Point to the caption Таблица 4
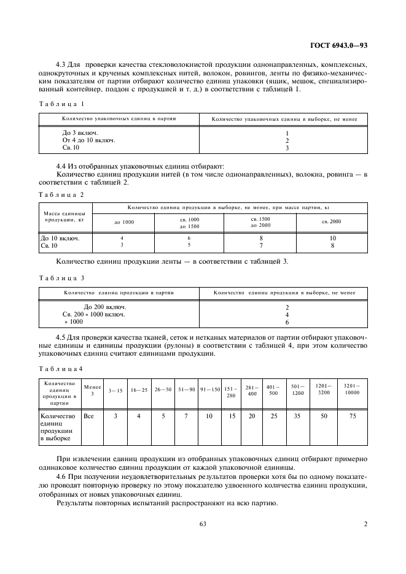pos(61,368)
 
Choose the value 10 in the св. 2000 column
pos(332,238)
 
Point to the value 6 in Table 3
pos(287,321)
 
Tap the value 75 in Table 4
pos(353,416)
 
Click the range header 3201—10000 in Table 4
pos(353,389)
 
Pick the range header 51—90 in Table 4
pos(187,389)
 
